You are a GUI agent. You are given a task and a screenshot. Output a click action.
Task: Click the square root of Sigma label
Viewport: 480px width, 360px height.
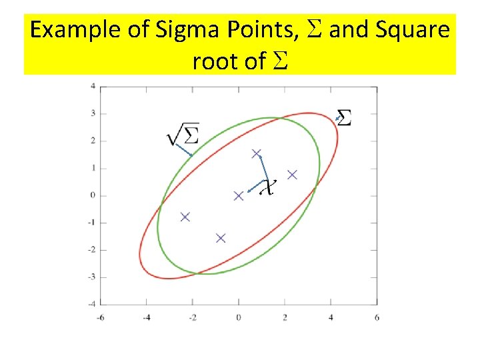[183, 134]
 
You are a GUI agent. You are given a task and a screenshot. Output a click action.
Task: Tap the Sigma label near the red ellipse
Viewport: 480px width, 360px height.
[345, 117]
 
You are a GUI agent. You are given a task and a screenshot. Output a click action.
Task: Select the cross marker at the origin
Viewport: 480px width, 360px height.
[239, 195]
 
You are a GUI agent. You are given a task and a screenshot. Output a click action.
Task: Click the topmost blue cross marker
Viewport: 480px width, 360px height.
[257, 154]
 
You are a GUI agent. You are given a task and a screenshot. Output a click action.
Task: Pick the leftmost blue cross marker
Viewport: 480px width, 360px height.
[185, 217]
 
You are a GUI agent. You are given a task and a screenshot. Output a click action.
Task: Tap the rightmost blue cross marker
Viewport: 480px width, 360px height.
[292, 175]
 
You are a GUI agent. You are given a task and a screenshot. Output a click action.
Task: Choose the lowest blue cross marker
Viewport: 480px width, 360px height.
[221, 238]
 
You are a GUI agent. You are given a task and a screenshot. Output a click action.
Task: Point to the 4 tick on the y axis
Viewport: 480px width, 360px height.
[94, 86]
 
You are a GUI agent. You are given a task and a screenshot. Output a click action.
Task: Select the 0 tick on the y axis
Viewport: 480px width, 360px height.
[94, 195]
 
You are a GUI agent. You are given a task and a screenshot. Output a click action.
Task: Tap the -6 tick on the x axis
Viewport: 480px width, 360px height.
[100, 317]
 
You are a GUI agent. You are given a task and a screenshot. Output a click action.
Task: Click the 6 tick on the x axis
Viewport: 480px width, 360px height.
[377, 317]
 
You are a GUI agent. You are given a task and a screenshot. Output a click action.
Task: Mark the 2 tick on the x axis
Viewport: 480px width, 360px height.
[285, 317]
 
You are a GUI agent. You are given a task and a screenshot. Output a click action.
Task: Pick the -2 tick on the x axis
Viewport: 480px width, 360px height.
[192, 317]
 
